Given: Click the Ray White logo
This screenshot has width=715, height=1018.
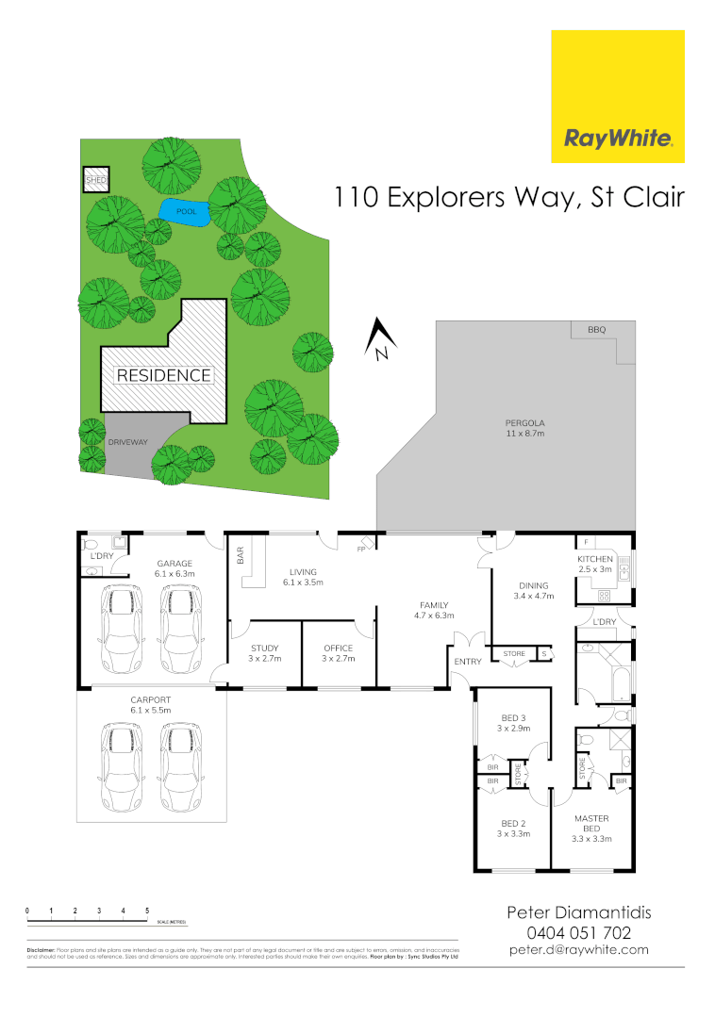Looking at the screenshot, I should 617,96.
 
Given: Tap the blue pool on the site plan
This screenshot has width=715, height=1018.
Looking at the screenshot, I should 184,211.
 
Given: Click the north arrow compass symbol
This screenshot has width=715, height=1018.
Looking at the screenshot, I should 380,340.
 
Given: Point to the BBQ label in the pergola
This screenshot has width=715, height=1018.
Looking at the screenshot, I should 596,330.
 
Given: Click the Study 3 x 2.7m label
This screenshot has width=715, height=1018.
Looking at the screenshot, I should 264,653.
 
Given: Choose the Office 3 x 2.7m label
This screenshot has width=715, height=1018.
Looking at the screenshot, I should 338,653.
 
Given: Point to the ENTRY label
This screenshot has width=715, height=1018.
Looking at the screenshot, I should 468,662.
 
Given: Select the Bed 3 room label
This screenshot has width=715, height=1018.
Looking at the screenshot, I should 513,723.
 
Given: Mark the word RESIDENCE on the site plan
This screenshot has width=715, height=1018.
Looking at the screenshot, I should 163,375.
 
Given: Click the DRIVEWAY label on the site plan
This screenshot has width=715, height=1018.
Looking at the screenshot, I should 125,441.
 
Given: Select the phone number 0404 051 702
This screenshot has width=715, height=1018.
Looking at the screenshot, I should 578,932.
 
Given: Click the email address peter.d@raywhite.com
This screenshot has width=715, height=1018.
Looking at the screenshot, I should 578,950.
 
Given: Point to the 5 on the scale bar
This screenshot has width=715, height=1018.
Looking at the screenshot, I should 147,911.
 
